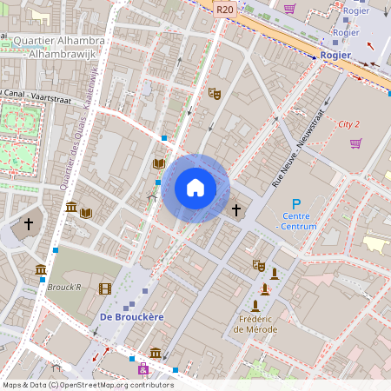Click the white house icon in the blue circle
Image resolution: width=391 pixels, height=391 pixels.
[x=195, y=188]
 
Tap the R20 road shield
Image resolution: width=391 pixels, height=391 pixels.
[x=225, y=10]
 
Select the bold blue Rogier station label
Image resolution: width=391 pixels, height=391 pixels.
[x=335, y=55]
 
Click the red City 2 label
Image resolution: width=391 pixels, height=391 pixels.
[x=349, y=124]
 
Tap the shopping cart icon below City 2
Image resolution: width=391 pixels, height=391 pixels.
[x=355, y=142]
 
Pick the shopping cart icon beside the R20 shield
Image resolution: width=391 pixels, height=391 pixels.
[x=289, y=9]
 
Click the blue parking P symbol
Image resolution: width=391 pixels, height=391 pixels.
[x=295, y=202]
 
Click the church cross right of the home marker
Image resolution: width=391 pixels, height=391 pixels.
[x=235, y=209]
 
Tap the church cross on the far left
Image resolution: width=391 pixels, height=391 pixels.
[x=28, y=224]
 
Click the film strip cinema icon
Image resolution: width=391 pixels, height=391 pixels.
[x=105, y=288]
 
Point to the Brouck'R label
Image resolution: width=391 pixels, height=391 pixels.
[x=64, y=286]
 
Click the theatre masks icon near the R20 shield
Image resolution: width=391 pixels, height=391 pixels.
[x=214, y=92]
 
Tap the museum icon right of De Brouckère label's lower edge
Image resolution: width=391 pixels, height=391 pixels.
[x=155, y=352]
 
